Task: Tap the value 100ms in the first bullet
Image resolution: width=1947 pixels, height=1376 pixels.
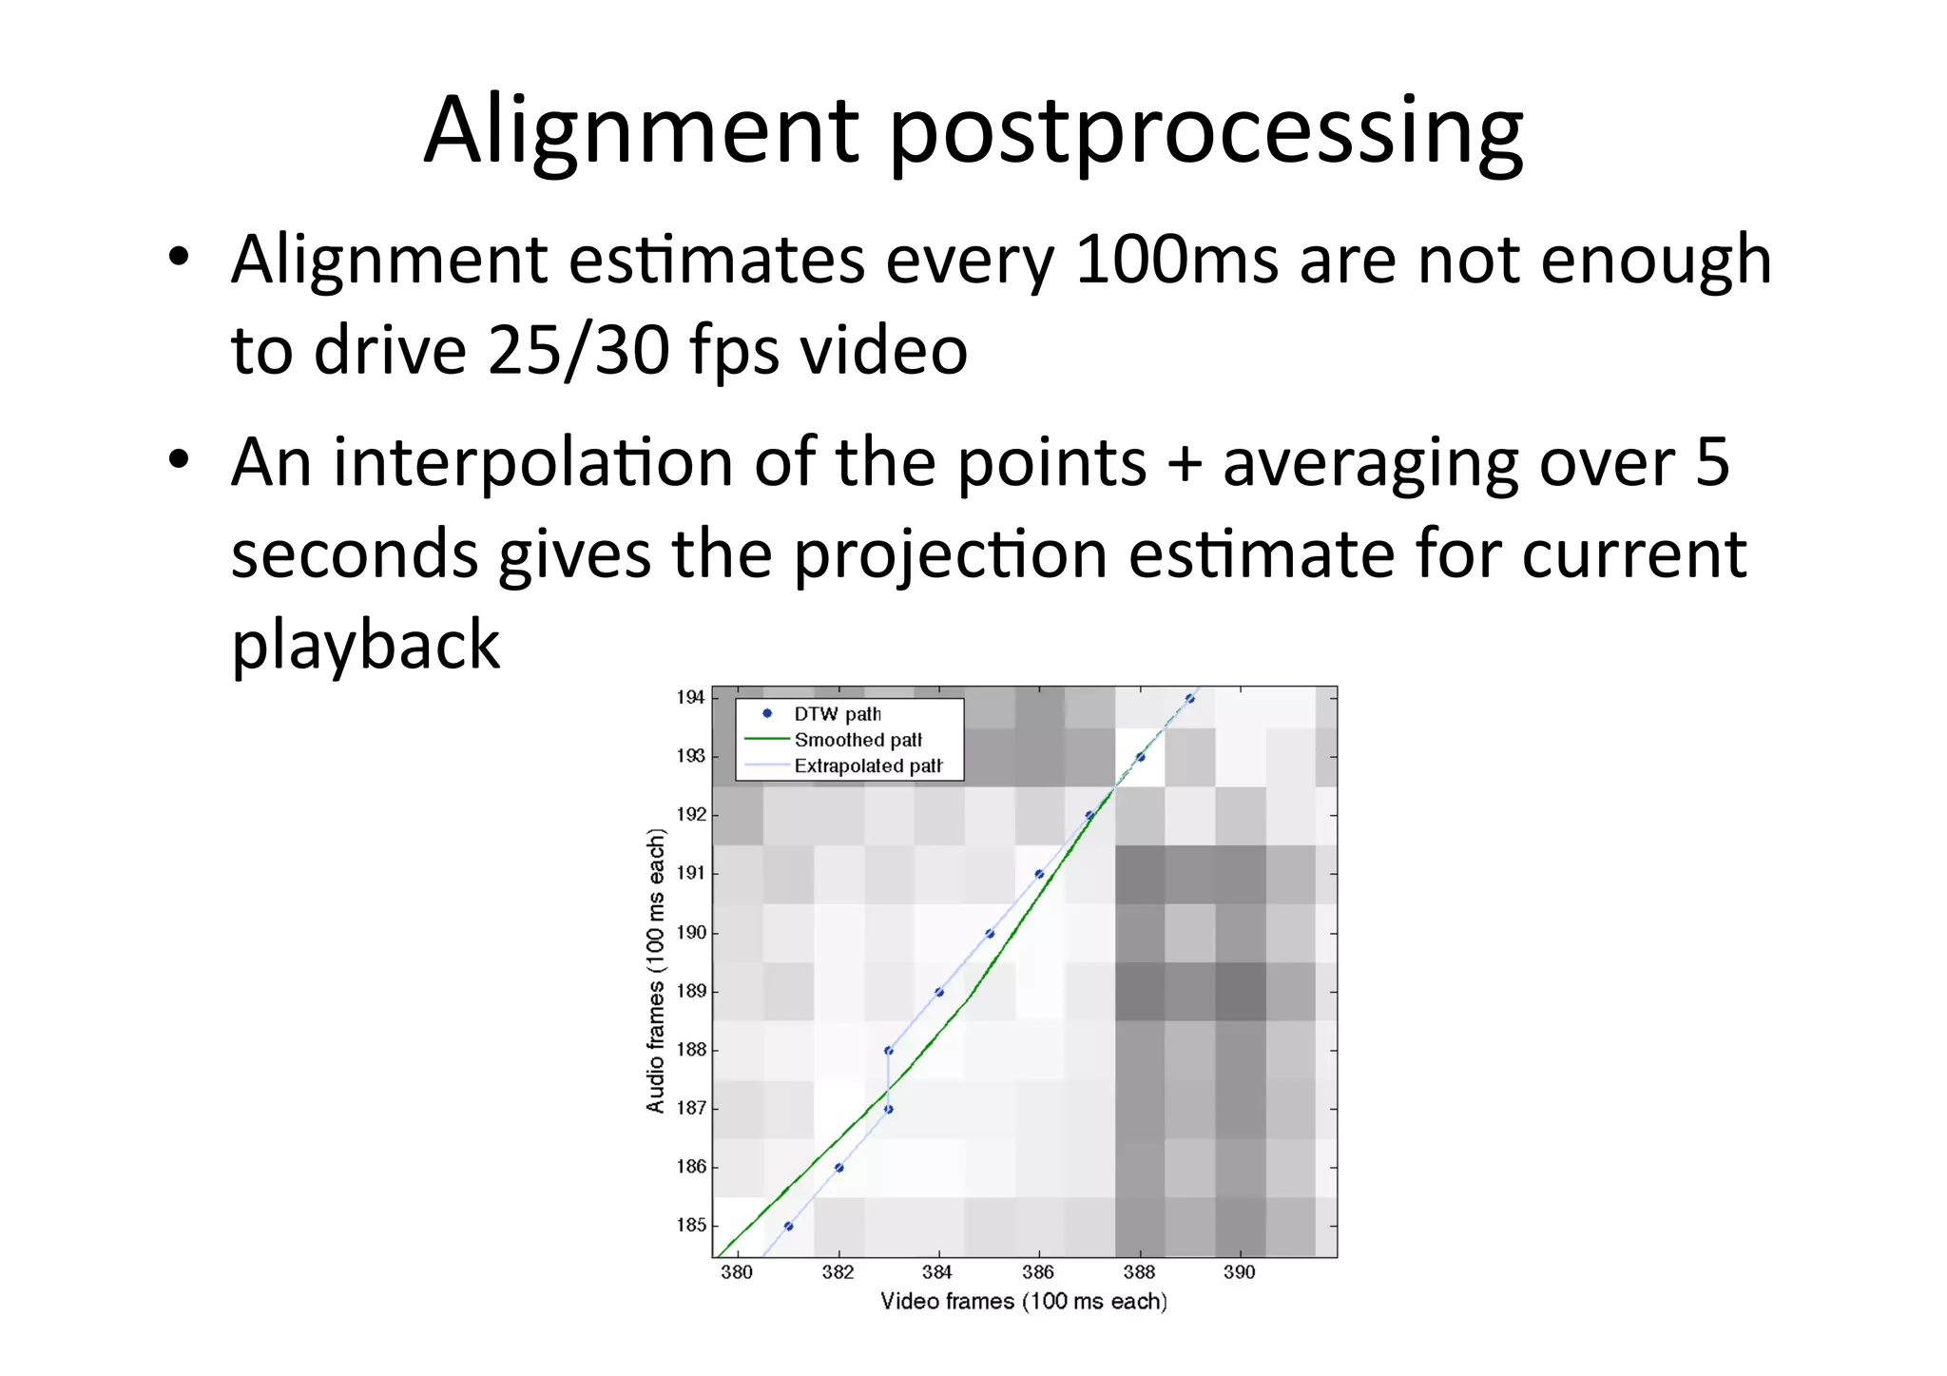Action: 1176,260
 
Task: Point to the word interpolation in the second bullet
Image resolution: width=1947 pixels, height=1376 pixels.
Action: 532,462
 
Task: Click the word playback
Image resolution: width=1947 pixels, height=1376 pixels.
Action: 365,646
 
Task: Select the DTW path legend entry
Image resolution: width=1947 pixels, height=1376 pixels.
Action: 837,714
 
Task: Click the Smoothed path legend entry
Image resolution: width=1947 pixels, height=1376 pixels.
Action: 858,740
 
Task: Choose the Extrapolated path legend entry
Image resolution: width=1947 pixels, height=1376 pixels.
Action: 867,766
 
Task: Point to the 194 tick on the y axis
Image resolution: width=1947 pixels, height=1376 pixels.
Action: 690,697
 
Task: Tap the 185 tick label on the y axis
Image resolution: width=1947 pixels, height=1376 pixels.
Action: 690,1225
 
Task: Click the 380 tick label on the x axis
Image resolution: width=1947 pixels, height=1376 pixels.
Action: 736,1272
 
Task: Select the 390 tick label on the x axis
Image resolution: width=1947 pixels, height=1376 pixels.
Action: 1239,1272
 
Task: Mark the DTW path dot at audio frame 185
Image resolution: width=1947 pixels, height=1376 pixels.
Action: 788,1226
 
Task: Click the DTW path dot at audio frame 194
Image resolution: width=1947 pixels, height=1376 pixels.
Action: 1190,699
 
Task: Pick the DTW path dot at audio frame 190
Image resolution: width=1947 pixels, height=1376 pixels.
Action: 990,934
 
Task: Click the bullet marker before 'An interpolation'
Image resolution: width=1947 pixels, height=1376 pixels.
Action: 179,460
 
